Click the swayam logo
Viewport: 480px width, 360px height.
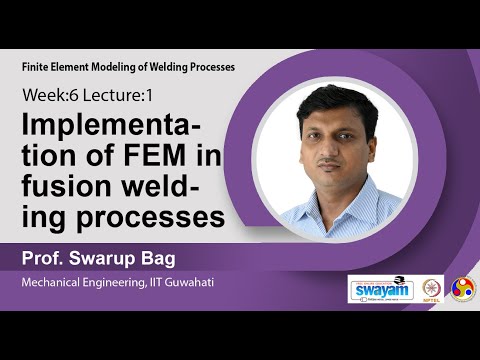click(x=380, y=288)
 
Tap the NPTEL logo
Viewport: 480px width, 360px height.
click(x=432, y=288)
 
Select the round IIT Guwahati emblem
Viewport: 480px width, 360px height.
click(x=463, y=288)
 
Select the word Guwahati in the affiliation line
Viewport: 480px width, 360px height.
click(x=182, y=284)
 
